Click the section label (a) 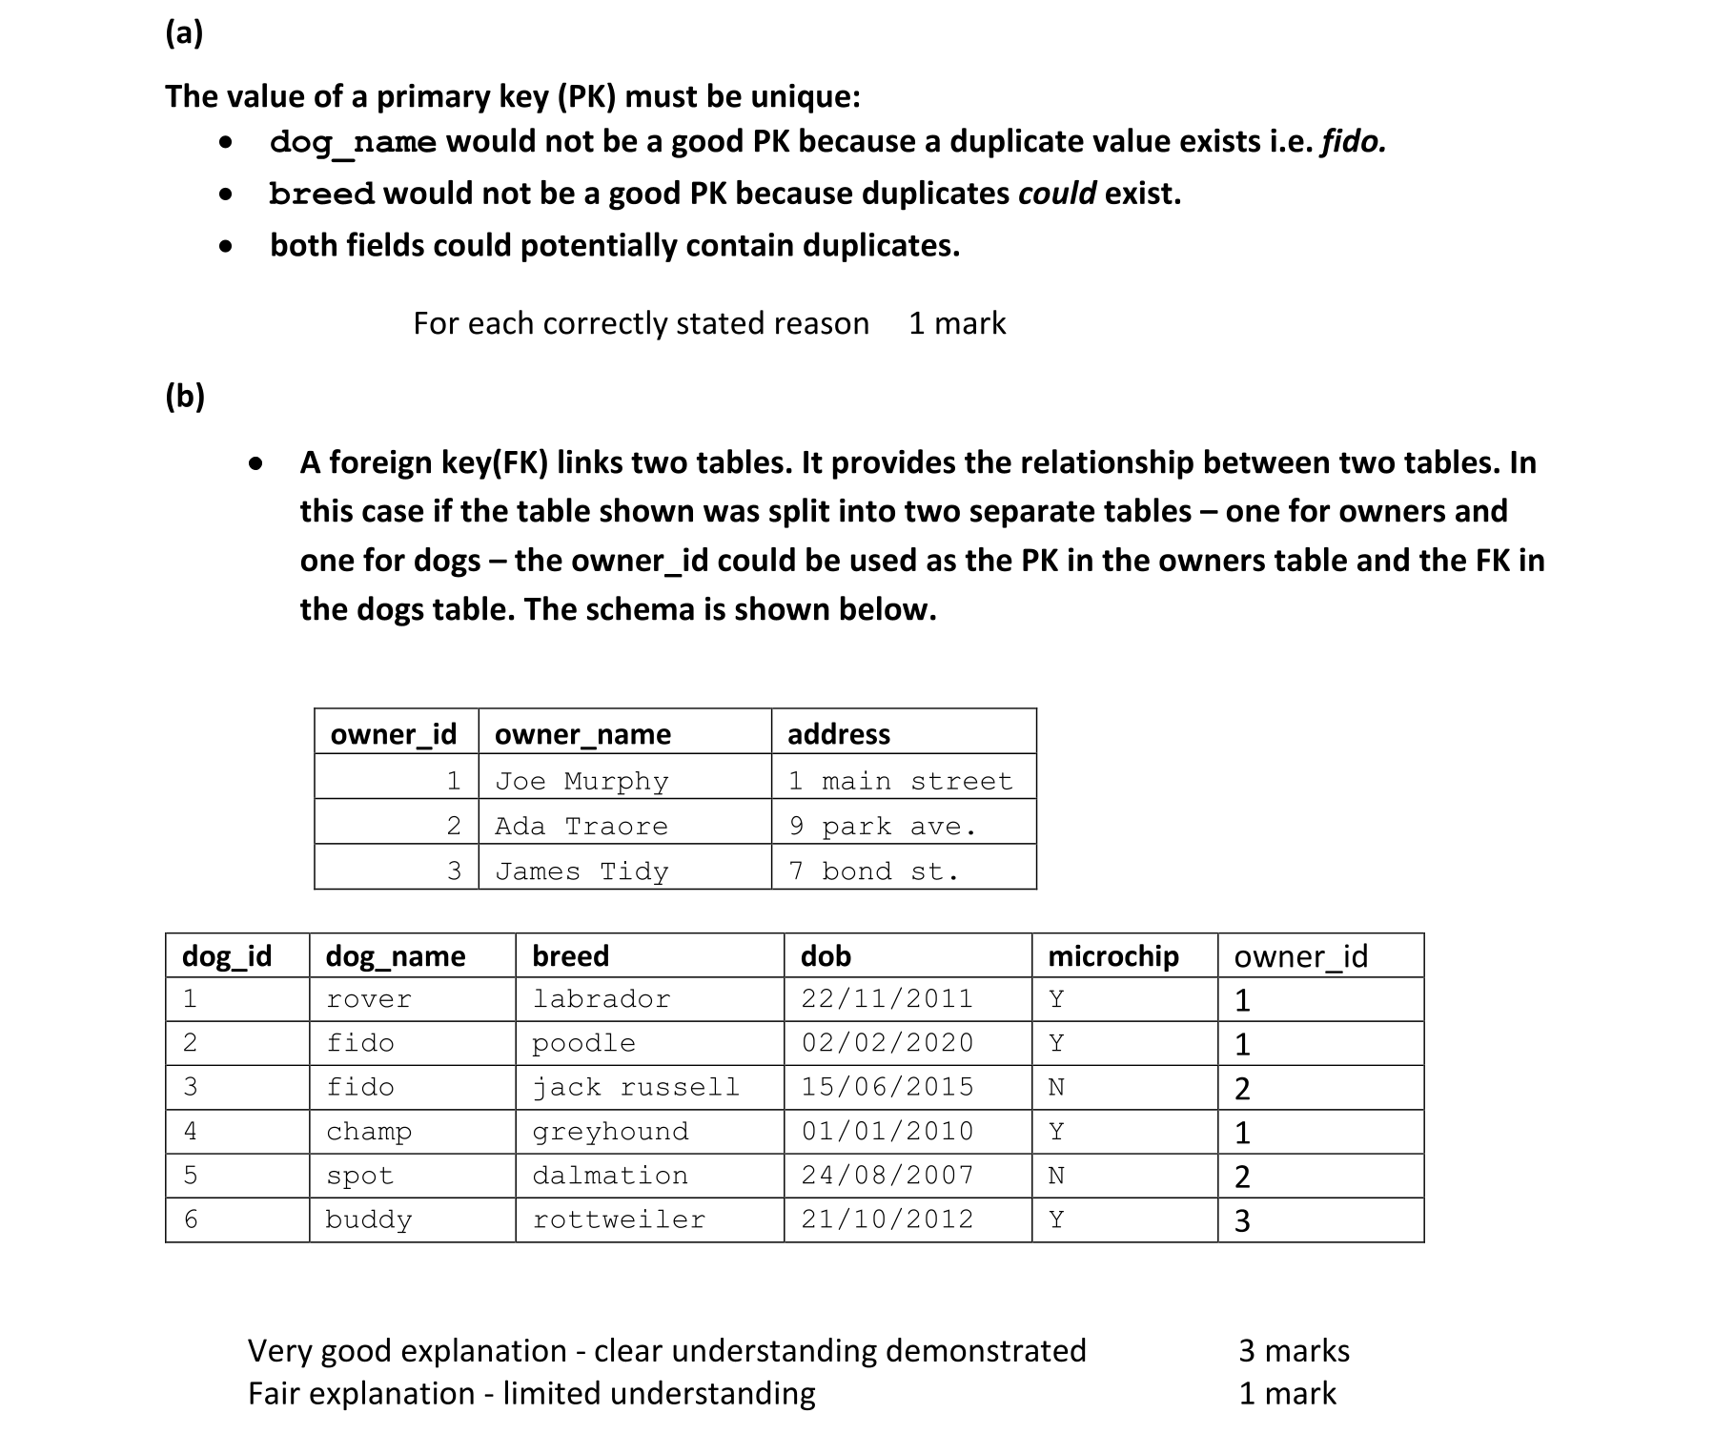point(183,33)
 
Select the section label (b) point(184,395)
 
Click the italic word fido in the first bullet point(1353,141)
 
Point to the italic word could point(1056,193)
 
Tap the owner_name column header point(582,733)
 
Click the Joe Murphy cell point(581,781)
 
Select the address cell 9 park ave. point(882,826)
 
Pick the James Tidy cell point(581,871)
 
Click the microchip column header point(1112,955)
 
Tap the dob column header point(826,955)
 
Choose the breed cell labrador point(602,998)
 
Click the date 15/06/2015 point(887,1087)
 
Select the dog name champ point(369,1131)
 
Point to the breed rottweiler point(619,1219)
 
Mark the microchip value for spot point(1056,1176)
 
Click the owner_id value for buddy point(1242,1220)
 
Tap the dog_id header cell point(227,955)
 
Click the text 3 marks point(1294,1350)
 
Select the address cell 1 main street point(899,781)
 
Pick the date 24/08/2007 point(887,1176)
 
